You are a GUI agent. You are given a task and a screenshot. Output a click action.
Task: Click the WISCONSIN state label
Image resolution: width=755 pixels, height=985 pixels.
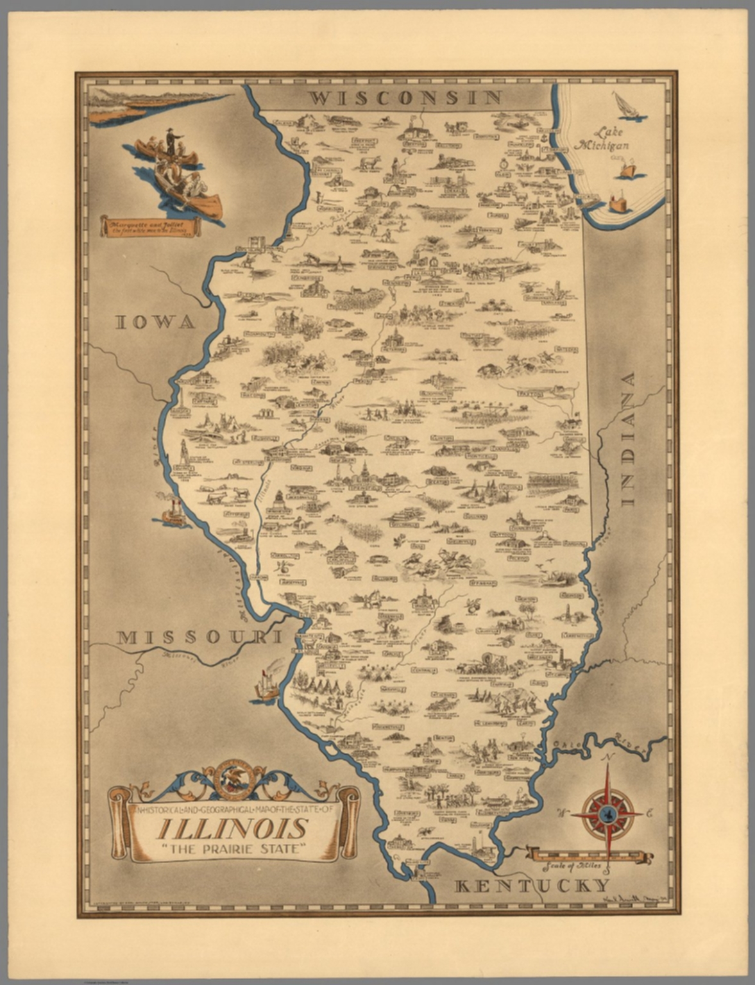404,97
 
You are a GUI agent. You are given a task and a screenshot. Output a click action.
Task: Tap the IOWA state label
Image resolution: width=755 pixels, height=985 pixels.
155,322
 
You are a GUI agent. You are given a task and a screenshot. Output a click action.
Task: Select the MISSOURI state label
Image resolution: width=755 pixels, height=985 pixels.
199,637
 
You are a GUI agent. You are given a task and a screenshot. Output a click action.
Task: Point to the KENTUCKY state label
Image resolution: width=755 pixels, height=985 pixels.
532,886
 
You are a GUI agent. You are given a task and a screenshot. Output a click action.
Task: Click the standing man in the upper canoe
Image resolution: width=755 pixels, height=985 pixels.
171,142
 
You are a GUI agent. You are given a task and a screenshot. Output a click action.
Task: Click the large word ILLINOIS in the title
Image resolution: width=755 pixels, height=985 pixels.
232,829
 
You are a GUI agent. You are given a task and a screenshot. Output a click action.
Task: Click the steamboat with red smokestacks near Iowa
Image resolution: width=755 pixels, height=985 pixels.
173,511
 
